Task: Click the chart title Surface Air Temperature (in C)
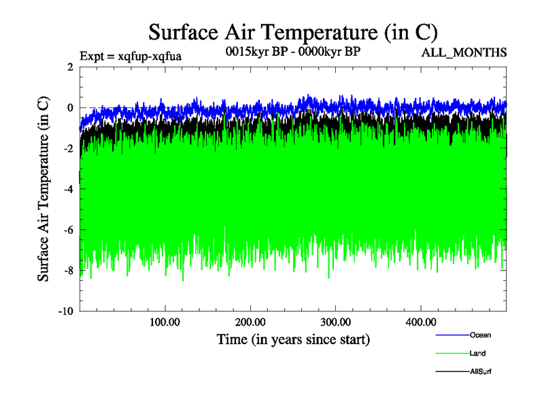click(x=293, y=32)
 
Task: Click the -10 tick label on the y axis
click(x=65, y=311)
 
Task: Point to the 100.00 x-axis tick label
click(x=165, y=322)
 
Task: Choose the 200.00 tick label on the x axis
click(x=250, y=322)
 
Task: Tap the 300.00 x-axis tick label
click(x=335, y=322)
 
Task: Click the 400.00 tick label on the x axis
click(x=420, y=322)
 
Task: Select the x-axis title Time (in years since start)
click(x=293, y=339)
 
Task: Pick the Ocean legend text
click(x=480, y=335)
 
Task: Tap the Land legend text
click(x=477, y=353)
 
